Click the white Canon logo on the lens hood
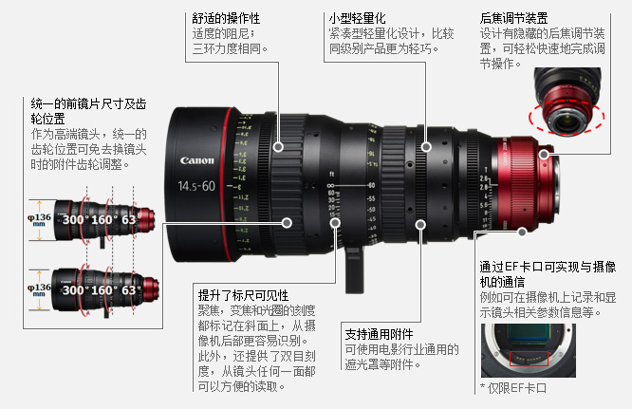(196, 160)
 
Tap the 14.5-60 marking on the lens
(196, 186)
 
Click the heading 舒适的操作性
(226, 18)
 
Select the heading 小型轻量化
(357, 18)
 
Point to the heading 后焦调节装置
(514, 18)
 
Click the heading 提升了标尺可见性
(244, 295)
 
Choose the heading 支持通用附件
(379, 334)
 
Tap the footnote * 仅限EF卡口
(513, 388)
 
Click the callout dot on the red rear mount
(544, 154)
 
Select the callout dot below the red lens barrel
(522, 232)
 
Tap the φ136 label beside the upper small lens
(39, 219)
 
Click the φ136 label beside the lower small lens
(39, 289)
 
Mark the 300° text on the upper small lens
(75, 220)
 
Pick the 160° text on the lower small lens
(103, 290)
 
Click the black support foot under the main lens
(354, 270)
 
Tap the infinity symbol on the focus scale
(330, 186)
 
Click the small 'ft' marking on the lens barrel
(332, 174)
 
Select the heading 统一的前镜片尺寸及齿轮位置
(88, 112)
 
